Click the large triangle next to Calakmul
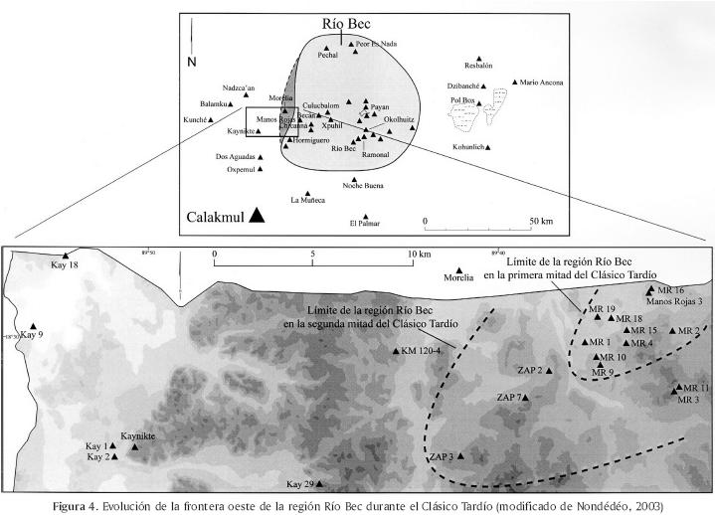point(258,215)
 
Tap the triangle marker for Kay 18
point(66,256)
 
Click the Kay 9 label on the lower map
point(33,336)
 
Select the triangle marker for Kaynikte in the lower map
point(135,447)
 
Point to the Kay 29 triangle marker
point(320,484)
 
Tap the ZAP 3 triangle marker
point(460,455)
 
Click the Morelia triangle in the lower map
point(458,269)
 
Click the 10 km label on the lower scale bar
point(417,255)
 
